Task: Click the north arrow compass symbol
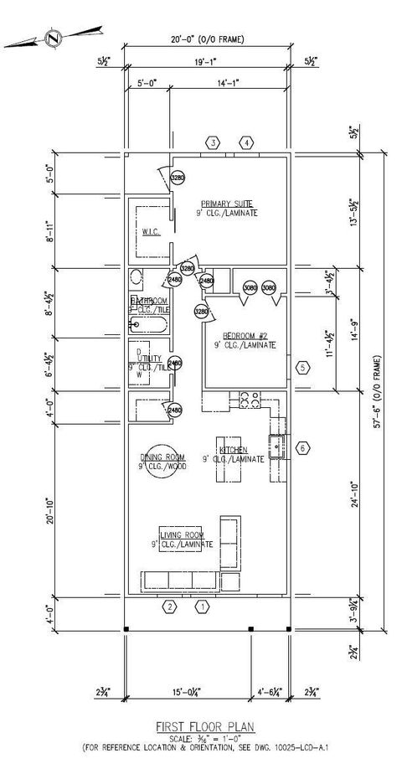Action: tap(54, 38)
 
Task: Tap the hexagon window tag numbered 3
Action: tap(214, 143)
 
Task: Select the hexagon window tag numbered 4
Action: tap(246, 143)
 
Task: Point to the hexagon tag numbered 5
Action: tap(303, 367)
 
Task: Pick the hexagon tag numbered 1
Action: tap(201, 606)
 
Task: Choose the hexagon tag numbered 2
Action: tap(169, 606)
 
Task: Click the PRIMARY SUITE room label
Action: tap(228, 205)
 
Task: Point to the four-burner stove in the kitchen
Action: tap(249, 401)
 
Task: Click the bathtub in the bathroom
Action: tap(147, 325)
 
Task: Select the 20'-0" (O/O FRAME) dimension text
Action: tap(208, 39)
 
